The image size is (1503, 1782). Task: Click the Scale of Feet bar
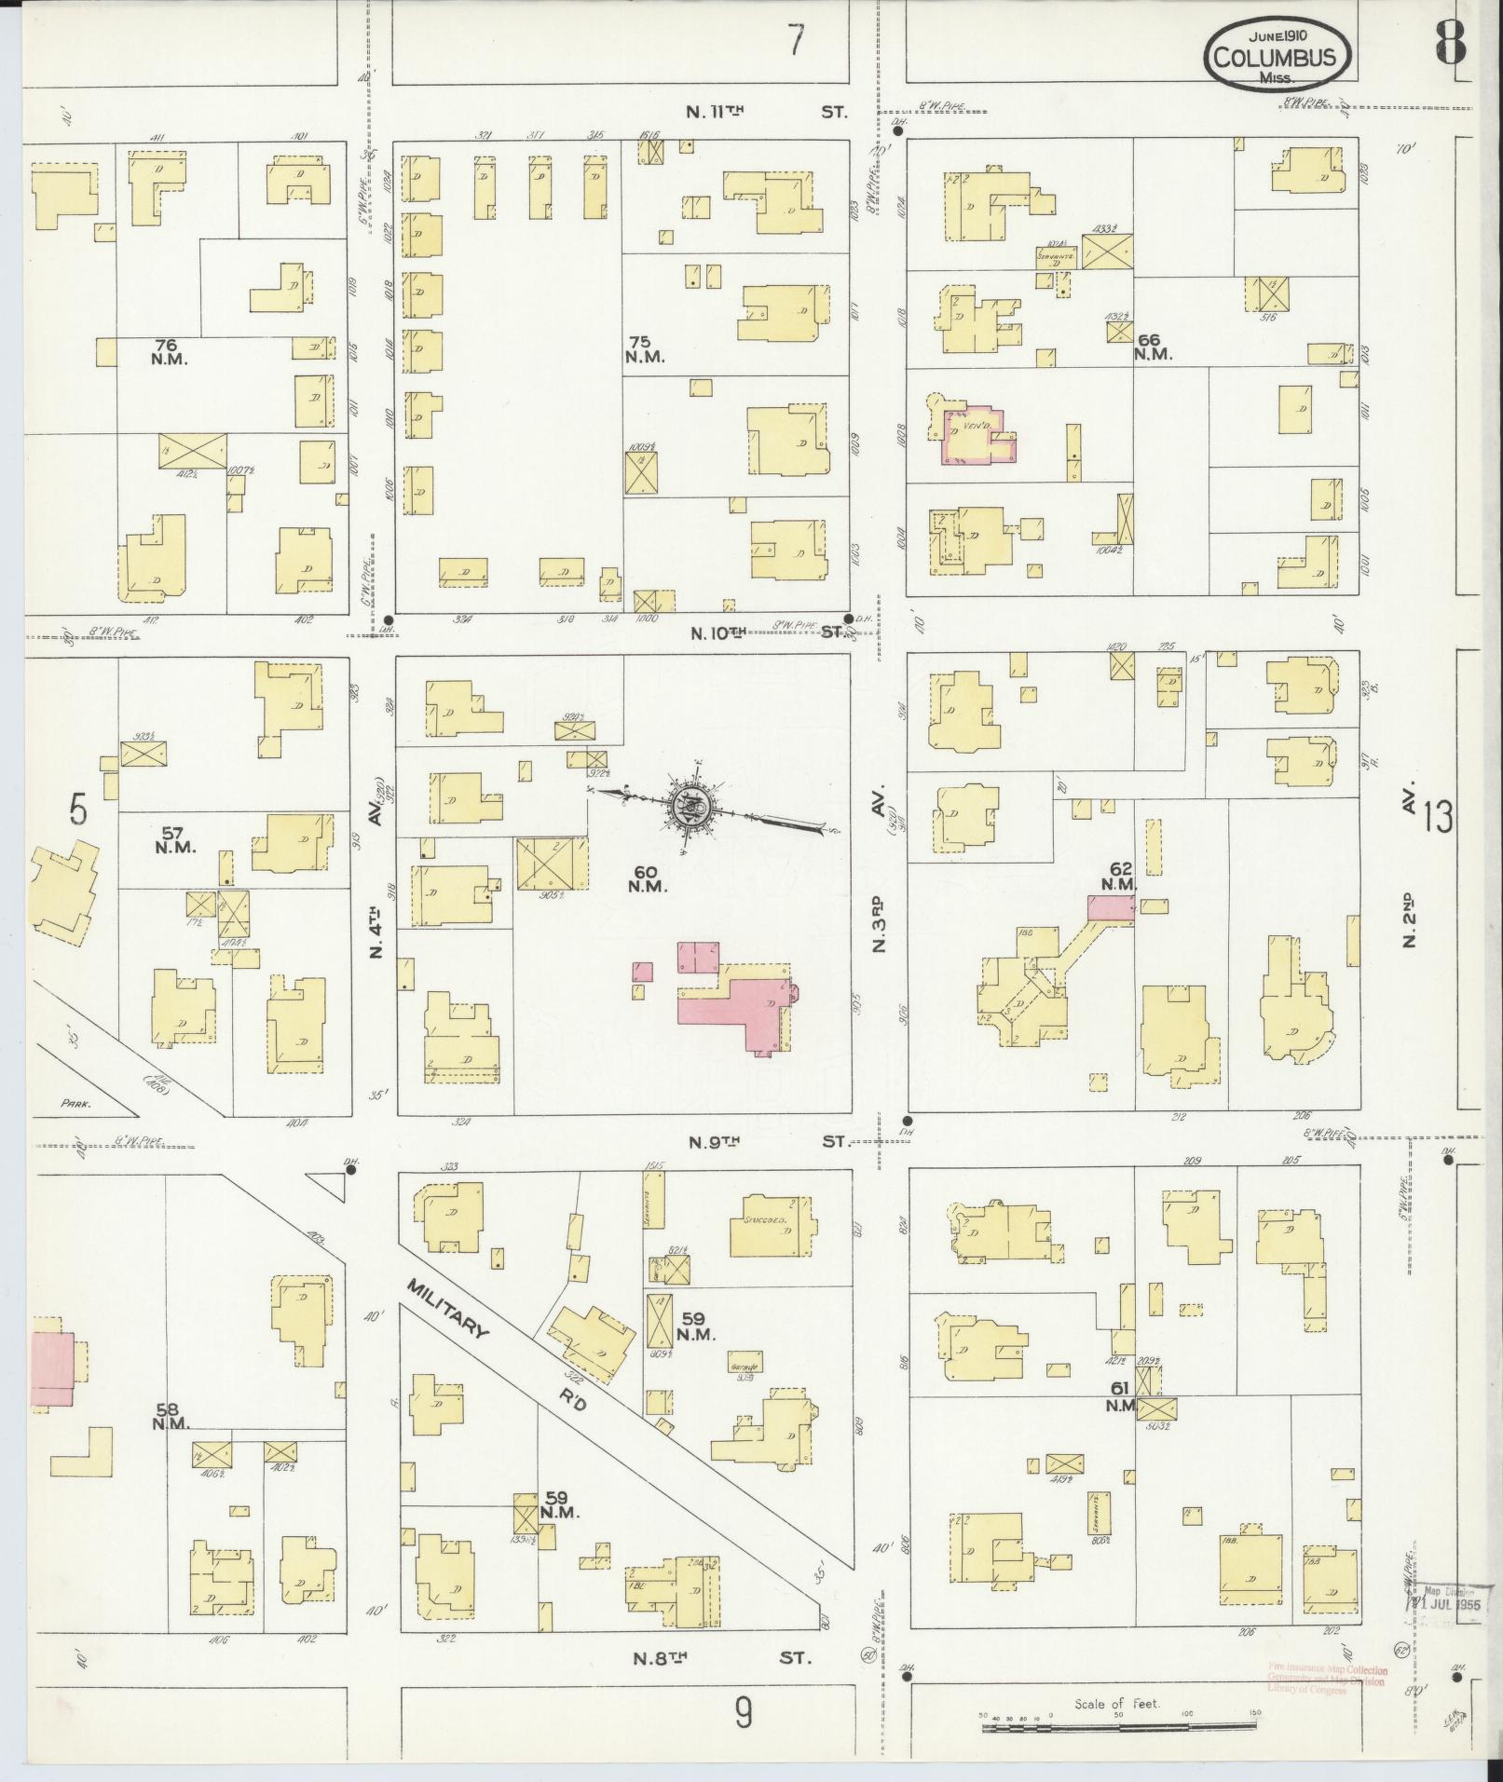tap(1118, 1728)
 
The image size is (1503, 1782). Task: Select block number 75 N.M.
tap(644, 349)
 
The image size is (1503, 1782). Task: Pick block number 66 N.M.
tap(1153, 347)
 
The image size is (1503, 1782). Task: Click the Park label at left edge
tap(75, 1103)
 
